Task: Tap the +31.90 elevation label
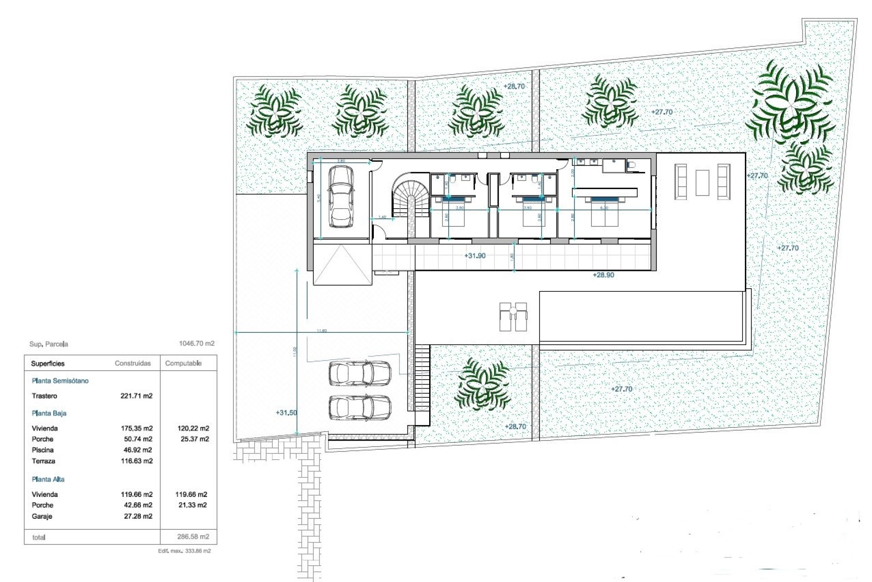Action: (x=475, y=256)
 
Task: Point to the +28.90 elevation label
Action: (x=603, y=275)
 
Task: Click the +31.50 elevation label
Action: (x=286, y=413)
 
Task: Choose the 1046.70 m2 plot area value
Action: (x=197, y=344)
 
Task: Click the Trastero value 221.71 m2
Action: (x=136, y=396)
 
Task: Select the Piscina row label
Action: (x=43, y=450)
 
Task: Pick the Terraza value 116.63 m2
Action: (x=136, y=461)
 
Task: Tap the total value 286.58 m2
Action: (x=193, y=537)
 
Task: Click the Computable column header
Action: (x=183, y=363)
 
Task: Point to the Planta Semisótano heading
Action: (x=60, y=381)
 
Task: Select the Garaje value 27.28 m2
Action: (x=139, y=517)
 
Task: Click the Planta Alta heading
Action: (x=48, y=479)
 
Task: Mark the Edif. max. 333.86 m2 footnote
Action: (x=184, y=551)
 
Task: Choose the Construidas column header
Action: (x=133, y=363)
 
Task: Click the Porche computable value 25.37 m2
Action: (x=195, y=439)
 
